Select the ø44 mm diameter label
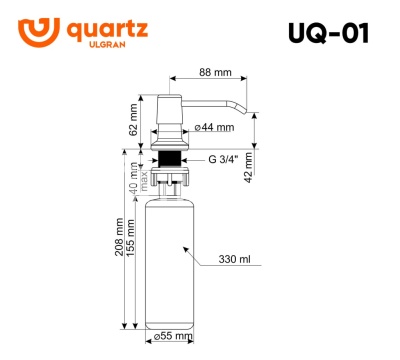pyautogui.click(x=214, y=128)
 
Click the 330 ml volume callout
pyautogui.click(x=236, y=259)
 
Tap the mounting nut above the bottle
pyautogui.click(x=170, y=179)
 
